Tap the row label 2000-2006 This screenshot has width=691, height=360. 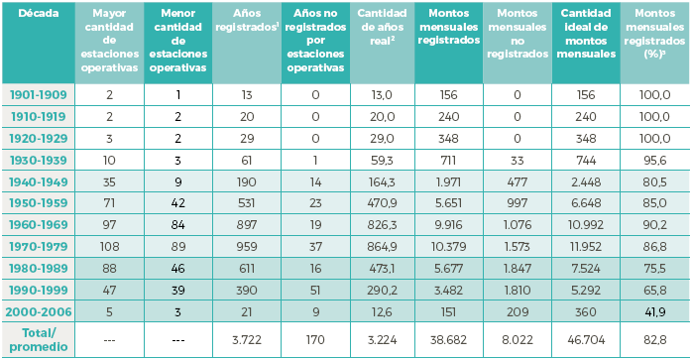point(38,312)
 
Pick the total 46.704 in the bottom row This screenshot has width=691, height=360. point(586,339)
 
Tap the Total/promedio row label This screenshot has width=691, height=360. point(38,339)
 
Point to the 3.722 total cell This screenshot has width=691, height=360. point(246,339)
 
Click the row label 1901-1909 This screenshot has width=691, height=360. point(38,94)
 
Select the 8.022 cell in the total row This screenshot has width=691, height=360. point(517,339)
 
